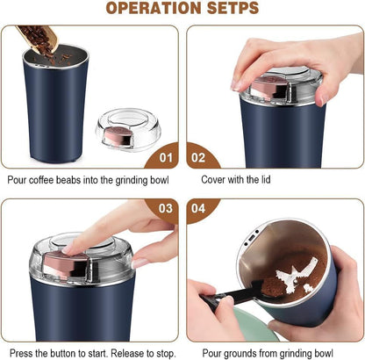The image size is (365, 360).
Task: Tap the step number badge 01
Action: point(163,159)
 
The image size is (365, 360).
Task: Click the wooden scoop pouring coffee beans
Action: point(39,37)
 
